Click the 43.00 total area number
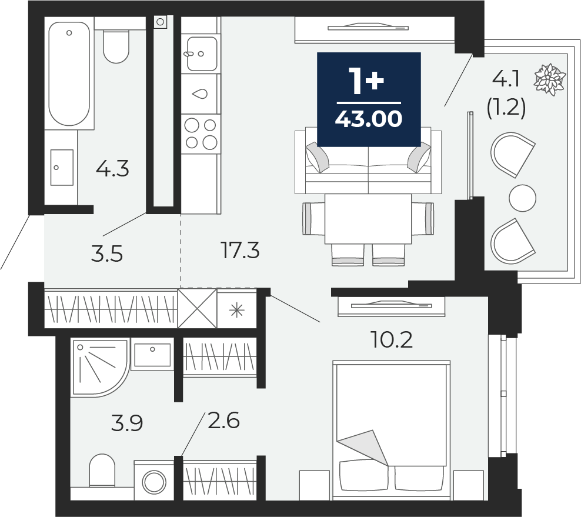pos(368,119)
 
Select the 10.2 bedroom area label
pos(392,339)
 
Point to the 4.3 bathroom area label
pos(112,169)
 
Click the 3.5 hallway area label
pos(106,254)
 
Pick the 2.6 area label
pos(223,421)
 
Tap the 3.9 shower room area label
pos(126,423)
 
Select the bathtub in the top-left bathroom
pos(69,74)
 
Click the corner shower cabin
pos(100,366)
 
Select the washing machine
pos(153,480)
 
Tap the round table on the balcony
pos(522,198)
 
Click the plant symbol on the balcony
pos(549,79)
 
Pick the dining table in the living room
pos(368,219)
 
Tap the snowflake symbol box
pos(236,309)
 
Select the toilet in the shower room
pos(102,469)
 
